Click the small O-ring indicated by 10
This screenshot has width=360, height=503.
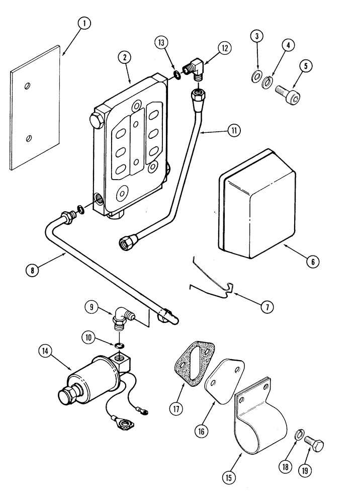pos(120,346)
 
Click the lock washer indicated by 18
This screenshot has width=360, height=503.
pos(297,434)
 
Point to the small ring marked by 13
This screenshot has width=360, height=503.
pos(178,76)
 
